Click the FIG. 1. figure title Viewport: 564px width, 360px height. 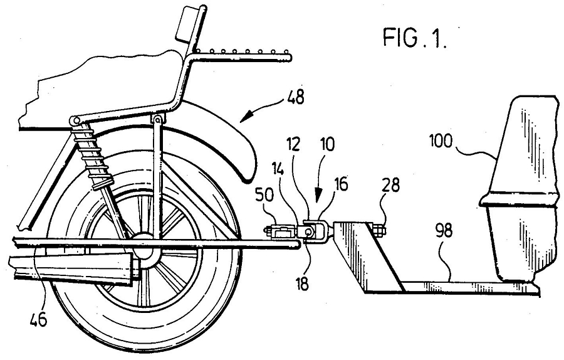415,38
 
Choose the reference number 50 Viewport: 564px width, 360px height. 264,195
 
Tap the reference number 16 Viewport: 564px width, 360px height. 341,184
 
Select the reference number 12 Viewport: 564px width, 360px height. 295,146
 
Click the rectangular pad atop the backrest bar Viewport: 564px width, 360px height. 187,23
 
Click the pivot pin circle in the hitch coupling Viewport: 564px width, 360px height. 308,232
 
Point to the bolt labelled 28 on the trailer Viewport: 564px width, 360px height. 379,230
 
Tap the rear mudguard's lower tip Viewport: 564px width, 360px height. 248,178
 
